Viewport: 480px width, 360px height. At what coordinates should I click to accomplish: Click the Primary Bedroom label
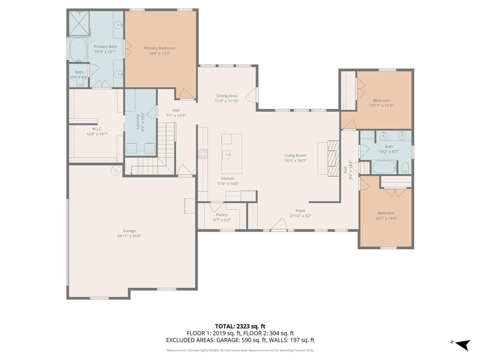tap(159, 48)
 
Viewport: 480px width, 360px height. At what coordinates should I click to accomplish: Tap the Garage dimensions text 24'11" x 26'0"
tap(129, 236)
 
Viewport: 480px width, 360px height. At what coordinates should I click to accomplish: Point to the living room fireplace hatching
tap(332, 158)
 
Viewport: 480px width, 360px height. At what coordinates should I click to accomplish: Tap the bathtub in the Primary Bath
tap(78, 50)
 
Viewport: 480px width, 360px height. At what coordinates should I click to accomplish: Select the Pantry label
tap(222, 215)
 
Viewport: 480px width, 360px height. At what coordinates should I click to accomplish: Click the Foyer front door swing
tap(279, 225)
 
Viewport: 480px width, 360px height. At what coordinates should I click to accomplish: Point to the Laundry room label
tap(138, 121)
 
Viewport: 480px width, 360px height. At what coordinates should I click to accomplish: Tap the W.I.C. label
tap(97, 129)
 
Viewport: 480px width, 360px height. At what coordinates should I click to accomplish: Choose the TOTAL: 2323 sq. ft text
tap(240, 326)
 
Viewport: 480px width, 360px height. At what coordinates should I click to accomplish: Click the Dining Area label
tap(226, 96)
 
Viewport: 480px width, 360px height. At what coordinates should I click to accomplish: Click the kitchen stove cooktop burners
tap(203, 154)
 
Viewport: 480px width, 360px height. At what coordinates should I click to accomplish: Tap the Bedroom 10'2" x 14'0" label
tap(386, 213)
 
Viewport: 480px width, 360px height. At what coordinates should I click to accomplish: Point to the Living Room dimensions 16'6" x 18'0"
tap(295, 160)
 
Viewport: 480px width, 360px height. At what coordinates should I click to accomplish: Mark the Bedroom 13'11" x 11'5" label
tap(381, 100)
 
